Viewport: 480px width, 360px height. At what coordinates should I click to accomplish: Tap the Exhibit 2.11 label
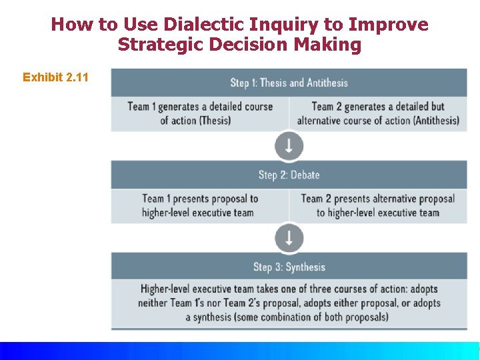(x=55, y=77)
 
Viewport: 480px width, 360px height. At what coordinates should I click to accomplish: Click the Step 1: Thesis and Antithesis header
(x=289, y=83)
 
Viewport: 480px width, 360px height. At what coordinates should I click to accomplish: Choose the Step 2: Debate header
(x=289, y=175)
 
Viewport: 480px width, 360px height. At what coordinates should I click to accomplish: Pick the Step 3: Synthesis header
(x=289, y=267)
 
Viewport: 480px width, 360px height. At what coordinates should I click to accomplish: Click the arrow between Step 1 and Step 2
(x=289, y=145)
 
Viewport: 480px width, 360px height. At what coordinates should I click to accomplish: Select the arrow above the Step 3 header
(x=289, y=237)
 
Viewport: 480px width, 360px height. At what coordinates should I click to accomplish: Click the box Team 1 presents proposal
(x=199, y=205)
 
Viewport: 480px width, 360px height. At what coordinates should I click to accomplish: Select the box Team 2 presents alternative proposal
(x=377, y=205)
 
